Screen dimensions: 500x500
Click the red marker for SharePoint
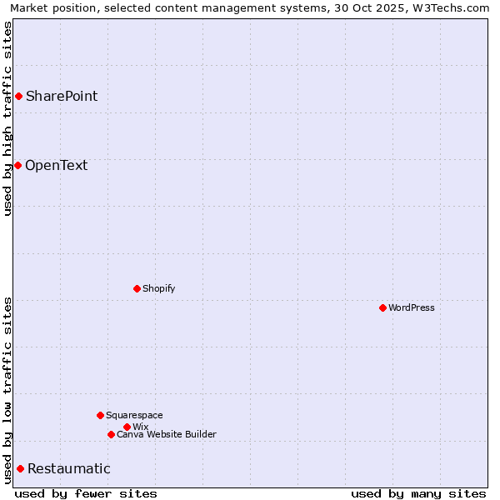click(18, 96)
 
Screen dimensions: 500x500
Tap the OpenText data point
click(17, 165)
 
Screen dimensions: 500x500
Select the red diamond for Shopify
click(137, 288)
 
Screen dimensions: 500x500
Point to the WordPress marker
click(382, 307)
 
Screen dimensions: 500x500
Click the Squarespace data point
click(100, 415)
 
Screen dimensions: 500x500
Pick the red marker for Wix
click(127, 427)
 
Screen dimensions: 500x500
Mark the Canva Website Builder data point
click(111, 434)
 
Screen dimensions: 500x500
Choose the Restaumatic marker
click(20, 468)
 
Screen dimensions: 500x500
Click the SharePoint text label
click(62, 96)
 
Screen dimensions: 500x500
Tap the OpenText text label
click(56, 165)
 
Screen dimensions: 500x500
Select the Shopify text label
click(158, 288)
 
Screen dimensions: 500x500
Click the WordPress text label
click(412, 307)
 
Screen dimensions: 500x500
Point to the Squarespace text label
click(134, 415)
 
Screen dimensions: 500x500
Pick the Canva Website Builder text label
click(167, 434)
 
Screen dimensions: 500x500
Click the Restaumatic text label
click(68, 468)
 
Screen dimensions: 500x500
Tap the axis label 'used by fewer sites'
click(86, 493)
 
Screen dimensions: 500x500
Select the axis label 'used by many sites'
click(418, 493)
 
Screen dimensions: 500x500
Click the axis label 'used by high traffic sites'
click(7, 118)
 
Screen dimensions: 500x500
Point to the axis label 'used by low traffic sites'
click(7, 390)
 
